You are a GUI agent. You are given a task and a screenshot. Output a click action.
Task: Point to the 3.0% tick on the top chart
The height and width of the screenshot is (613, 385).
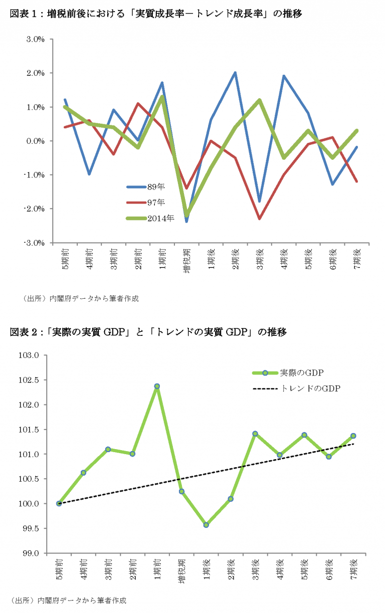coord(35,39)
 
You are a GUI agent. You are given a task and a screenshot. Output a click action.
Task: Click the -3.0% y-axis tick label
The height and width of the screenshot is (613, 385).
coord(34,243)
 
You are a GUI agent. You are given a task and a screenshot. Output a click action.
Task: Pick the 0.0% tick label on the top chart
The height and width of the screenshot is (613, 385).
coord(35,141)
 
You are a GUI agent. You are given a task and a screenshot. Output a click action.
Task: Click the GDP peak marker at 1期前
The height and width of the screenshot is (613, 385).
coord(157,386)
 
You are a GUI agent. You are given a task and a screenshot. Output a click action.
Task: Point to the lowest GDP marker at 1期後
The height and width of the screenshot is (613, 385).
coord(206,525)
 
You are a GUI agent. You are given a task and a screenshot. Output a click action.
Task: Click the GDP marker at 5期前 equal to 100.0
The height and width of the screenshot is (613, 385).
coord(59,503)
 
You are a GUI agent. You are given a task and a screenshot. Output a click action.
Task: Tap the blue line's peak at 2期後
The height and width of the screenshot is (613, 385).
coord(235,73)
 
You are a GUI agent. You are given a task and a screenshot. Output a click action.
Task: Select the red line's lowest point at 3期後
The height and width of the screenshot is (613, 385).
coord(260,219)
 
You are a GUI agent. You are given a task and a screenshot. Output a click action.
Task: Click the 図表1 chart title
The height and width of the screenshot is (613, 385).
coord(156,14)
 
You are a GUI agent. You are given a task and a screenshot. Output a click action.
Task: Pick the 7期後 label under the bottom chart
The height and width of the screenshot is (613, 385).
coord(353,568)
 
